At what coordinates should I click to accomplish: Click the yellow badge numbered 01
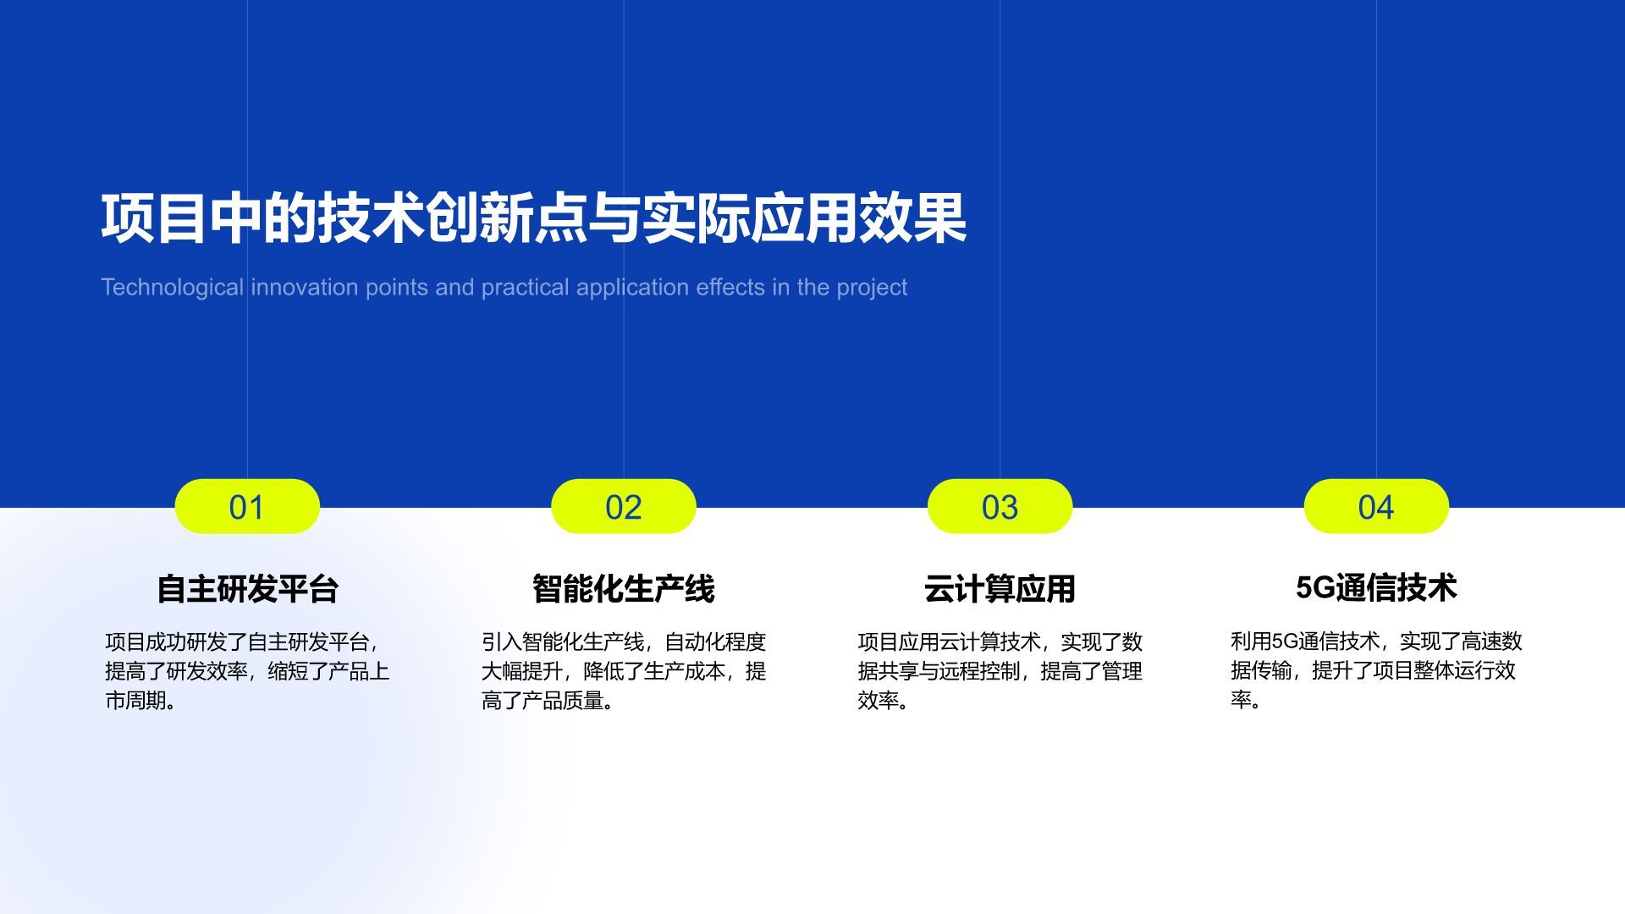[x=246, y=507]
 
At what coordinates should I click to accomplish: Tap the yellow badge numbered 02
[x=623, y=507]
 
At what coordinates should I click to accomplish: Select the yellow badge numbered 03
[x=1000, y=507]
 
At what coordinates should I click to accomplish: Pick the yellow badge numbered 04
[x=1375, y=507]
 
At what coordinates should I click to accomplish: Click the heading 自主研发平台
[x=247, y=588]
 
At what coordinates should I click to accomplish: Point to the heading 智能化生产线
[x=623, y=588]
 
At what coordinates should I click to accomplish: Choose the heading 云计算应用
[x=1000, y=588]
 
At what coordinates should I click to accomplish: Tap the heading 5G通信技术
[x=1375, y=587]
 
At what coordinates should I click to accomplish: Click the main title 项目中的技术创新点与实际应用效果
[x=533, y=218]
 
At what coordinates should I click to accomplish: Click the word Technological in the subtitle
[x=172, y=288]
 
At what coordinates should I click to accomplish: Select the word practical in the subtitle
[x=525, y=288]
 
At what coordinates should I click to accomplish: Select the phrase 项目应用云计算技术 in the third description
[x=949, y=641]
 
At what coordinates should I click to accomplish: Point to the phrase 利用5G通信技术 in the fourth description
[x=1304, y=641]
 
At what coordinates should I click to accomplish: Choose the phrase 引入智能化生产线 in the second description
[x=562, y=641]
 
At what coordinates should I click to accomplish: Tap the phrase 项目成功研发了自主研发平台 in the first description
[x=237, y=641]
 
